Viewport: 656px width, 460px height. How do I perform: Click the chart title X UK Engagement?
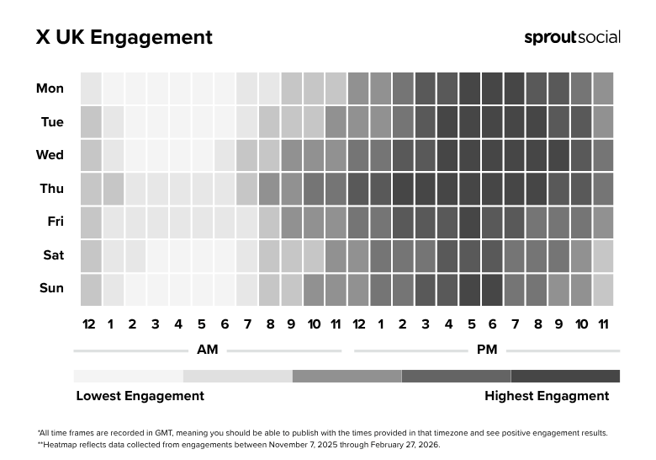(124, 38)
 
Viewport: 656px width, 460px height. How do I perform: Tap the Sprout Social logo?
(572, 37)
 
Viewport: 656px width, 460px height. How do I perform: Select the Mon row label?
(50, 88)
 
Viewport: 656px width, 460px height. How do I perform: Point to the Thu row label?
(51, 189)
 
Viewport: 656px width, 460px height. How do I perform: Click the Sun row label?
(51, 288)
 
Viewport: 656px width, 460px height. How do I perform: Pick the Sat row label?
(52, 254)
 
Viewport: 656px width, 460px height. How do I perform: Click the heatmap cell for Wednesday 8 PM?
(536, 155)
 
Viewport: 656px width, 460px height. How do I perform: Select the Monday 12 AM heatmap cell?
(91, 88)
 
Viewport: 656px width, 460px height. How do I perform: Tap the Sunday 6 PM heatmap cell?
(492, 289)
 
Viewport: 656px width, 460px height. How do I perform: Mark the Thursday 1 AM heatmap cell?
(113, 189)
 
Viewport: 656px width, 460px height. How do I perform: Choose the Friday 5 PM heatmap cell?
(469, 222)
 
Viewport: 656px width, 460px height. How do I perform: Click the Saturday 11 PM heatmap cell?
(603, 255)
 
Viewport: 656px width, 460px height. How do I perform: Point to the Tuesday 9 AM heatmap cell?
(291, 122)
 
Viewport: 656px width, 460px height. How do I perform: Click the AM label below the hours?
(207, 349)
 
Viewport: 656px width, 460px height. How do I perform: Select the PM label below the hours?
(487, 349)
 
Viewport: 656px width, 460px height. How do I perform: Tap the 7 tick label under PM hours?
(514, 324)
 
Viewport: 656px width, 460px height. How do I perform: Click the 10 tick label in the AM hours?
(314, 324)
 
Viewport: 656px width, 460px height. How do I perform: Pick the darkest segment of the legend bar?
(565, 376)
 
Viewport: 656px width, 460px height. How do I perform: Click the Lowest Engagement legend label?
(140, 396)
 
